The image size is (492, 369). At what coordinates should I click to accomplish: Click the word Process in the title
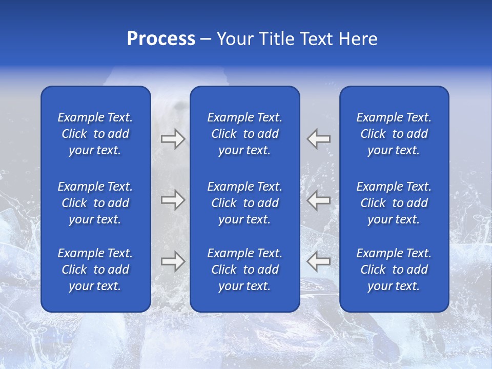coord(161,39)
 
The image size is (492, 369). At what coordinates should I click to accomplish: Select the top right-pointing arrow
coord(173,139)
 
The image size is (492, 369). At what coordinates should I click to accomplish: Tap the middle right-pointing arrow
coord(173,200)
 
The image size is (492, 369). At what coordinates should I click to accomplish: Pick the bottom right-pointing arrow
coord(173,261)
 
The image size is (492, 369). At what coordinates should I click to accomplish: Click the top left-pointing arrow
coord(318,139)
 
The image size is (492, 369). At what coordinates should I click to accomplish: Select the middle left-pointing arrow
coord(318,200)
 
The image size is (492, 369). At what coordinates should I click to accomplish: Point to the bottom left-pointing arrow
coord(318,261)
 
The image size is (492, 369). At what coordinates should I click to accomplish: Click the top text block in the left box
coord(95,134)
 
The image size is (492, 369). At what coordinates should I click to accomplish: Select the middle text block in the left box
coord(95,203)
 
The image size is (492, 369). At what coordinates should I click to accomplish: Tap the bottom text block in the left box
coord(95,270)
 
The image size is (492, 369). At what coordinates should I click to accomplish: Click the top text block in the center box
coord(245,134)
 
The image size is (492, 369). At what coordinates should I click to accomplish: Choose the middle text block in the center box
coord(245,203)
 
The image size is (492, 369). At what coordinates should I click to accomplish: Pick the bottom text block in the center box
coord(245,270)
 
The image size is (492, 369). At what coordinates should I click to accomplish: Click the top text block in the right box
coord(394,134)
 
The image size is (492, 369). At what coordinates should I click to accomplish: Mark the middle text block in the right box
coord(394,203)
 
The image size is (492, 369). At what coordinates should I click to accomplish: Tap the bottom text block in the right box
coord(394,270)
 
